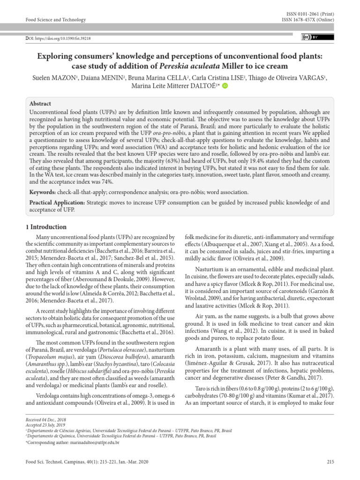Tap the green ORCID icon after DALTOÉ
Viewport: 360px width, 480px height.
[225, 85]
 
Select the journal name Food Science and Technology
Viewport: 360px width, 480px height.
[55, 20]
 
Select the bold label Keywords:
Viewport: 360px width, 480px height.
[45, 192]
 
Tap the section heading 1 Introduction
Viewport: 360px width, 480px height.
[45, 227]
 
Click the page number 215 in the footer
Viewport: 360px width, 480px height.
[330, 462]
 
